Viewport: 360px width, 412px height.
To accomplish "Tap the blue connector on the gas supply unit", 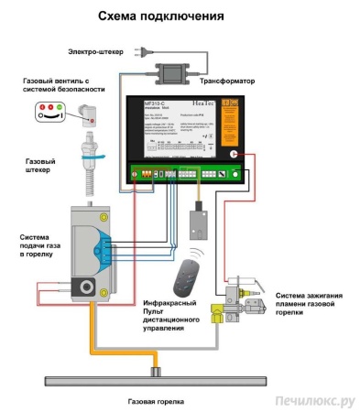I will pos(108,253).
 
